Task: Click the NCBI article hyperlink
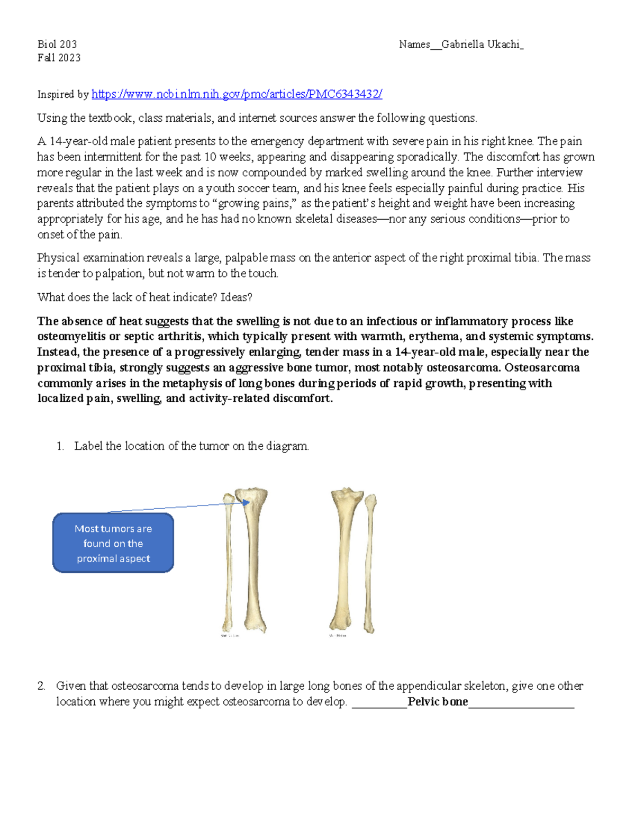pyautogui.click(x=237, y=94)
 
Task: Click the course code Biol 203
pyautogui.click(x=57, y=44)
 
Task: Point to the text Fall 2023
pyautogui.click(x=59, y=58)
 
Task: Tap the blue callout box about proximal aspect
pyautogui.click(x=113, y=543)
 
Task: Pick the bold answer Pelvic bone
pyautogui.click(x=438, y=702)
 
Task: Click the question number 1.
pyautogui.click(x=60, y=446)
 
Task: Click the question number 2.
pyautogui.click(x=41, y=686)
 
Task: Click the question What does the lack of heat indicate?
pyautogui.click(x=127, y=297)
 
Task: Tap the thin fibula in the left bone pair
pyautogui.click(x=228, y=561)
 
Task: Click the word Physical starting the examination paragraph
pyautogui.click(x=56, y=258)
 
